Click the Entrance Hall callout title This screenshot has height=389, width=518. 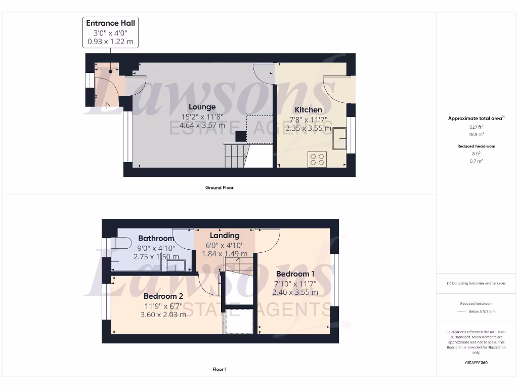[110, 23]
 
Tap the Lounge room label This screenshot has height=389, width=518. [202, 107]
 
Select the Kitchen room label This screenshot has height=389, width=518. [308, 109]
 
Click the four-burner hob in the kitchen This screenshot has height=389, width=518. [317, 160]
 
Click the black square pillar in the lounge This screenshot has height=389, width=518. [240, 136]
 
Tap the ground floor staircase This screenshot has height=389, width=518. [234, 154]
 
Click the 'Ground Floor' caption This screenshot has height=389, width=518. [219, 187]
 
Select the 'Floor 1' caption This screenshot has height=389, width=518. [219, 369]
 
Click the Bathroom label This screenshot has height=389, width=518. [156, 238]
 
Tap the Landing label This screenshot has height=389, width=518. [225, 236]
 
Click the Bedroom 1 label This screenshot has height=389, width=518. [295, 274]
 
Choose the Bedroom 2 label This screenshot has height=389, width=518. [163, 296]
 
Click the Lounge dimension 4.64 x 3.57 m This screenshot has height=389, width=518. [202, 125]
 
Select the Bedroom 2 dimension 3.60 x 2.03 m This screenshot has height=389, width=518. [163, 314]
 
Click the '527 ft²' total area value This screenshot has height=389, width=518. [476, 127]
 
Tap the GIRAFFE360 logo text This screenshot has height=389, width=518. [476, 363]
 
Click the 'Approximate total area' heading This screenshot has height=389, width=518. [476, 119]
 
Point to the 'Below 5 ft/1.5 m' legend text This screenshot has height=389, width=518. [481, 312]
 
